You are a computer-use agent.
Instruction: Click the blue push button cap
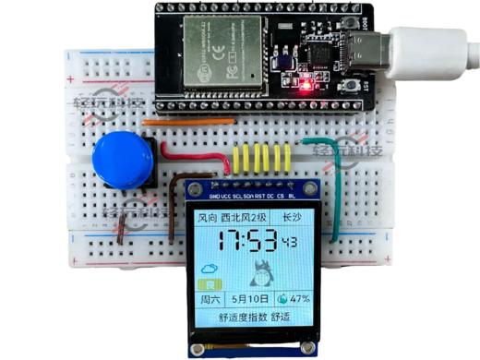(x=123, y=158)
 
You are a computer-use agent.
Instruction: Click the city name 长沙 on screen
(x=292, y=218)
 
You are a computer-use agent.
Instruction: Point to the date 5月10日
(x=250, y=300)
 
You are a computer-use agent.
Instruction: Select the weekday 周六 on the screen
(x=210, y=300)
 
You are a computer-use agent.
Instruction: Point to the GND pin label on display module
(x=215, y=197)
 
